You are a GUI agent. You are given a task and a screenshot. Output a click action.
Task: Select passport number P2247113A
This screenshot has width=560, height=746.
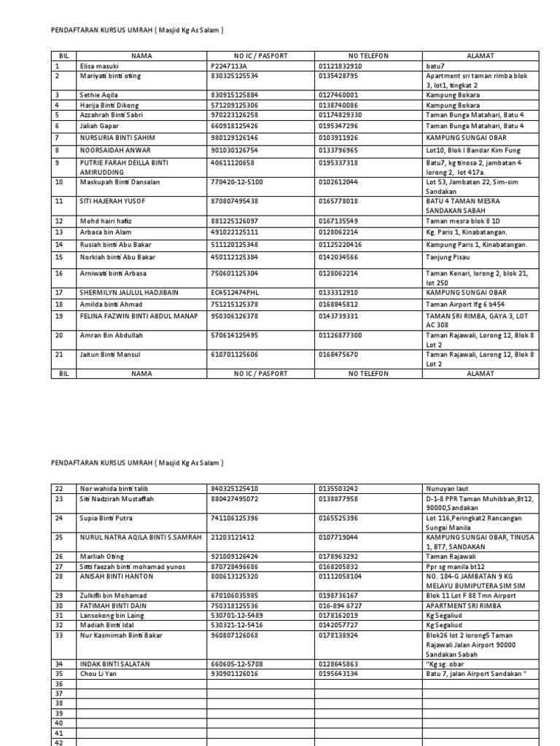point(228,66)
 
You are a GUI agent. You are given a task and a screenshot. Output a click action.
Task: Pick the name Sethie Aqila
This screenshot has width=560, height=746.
point(98,95)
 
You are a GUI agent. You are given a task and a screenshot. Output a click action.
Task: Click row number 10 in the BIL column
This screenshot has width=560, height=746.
point(59,181)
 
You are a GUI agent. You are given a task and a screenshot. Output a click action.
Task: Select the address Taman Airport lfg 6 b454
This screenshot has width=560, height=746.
point(465,304)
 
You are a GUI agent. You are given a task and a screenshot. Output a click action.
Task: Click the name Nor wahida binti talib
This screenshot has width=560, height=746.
point(112,488)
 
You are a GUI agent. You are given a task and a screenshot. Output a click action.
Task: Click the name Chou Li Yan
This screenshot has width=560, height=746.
point(98,674)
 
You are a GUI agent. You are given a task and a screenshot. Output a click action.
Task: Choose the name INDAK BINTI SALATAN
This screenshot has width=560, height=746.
point(112,664)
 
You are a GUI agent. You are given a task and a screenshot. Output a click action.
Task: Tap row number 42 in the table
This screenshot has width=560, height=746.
point(60,742)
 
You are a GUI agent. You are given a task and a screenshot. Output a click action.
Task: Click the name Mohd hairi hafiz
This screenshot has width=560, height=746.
point(106,221)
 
